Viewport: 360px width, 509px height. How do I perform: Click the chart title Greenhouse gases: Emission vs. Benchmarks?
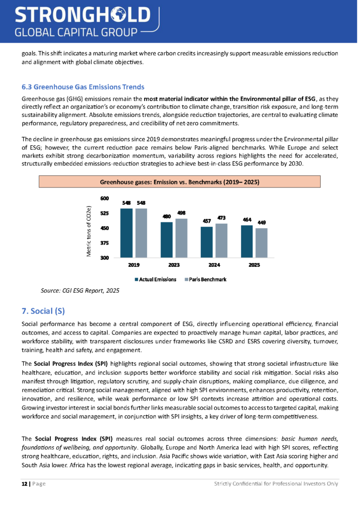tap(180, 182)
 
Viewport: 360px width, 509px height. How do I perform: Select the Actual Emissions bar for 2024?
tap(206, 242)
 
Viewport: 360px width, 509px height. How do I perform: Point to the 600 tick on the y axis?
tap(104, 198)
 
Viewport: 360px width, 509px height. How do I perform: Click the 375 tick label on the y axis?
tap(104, 243)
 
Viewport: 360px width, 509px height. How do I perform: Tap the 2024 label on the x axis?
tap(214, 265)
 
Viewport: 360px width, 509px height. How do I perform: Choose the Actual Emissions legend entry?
tap(155, 279)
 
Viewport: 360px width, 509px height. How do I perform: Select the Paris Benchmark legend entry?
tap(205, 279)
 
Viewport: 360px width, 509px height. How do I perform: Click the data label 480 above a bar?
tap(167, 216)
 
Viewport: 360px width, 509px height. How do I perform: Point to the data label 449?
tap(261, 223)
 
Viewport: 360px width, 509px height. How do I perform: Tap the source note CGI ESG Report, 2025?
tap(76, 290)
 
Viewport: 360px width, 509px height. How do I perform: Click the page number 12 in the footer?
tap(24, 497)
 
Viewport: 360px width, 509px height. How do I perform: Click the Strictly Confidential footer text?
tap(276, 497)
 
